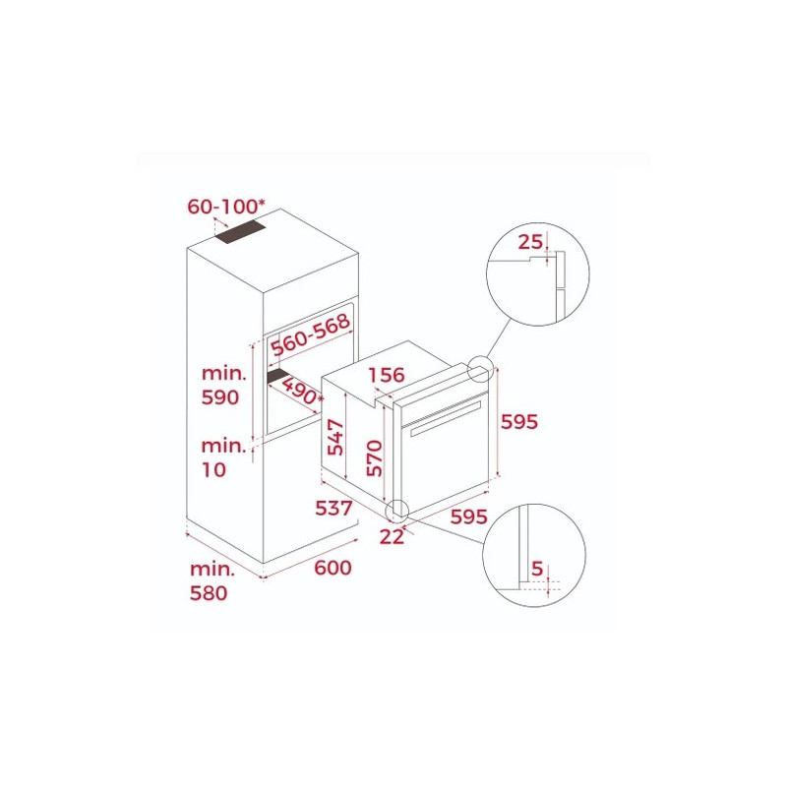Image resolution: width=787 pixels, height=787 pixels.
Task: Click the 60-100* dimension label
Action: tap(226, 207)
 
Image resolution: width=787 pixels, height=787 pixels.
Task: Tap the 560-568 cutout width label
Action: tap(310, 334)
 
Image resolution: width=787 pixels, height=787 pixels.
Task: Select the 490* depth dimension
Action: tap(301, 391)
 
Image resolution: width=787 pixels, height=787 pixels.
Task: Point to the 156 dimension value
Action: tap(387, 375)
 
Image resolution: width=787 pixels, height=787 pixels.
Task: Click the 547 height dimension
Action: tap(335, 437)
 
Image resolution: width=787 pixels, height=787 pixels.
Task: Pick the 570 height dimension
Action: tap(375, 457)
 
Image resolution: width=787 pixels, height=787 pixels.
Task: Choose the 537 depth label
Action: tap(333, 508)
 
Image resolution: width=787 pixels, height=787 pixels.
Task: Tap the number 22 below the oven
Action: tap(392, 536)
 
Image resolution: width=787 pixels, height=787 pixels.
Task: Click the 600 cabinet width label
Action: tap(333, 568)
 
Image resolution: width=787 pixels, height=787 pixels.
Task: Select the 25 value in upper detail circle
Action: tap(530, 242)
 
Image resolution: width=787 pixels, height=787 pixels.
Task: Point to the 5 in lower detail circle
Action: tap(537, 569)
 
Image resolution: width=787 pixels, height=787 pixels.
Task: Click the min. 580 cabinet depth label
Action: tap(212, 580)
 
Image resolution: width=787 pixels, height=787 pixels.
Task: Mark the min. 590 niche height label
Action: tap(224, 385)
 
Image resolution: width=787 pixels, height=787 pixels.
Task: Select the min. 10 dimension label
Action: tap(224, 457)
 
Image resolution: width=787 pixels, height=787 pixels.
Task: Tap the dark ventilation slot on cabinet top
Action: tap(240, 233)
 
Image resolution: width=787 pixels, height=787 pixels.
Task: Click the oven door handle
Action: tap(446, 417)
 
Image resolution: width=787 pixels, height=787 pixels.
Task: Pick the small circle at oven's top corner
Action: tap(480, 368)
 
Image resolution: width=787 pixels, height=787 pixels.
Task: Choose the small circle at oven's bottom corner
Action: tap(397, 510)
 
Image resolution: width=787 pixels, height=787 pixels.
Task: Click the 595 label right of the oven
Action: tap(519, 422)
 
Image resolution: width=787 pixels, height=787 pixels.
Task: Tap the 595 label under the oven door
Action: tap(469, 515)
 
